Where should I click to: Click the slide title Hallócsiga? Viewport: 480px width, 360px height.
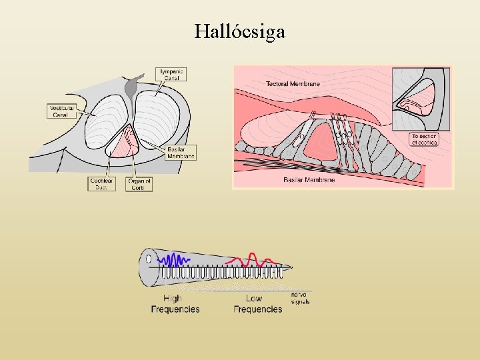(x=240, y=31)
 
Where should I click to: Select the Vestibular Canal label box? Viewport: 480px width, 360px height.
(x=62, y=111)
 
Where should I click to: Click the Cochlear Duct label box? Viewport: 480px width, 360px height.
(x=101, y=184)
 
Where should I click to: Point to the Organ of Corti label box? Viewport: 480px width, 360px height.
(x=139, y=184)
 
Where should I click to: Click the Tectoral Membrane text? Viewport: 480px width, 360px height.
(x=293, y=84)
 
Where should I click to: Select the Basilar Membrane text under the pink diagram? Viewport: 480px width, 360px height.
(x=309, y=180)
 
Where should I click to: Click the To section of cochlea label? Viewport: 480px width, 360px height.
(x=425, y=139)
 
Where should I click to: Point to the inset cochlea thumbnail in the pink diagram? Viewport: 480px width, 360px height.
(x=421, y=98)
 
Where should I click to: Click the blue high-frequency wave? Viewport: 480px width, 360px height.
(x=174, y=259)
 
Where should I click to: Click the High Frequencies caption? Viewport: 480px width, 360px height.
(x=175, y=304)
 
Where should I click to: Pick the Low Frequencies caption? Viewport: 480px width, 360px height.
(x=257, y=304)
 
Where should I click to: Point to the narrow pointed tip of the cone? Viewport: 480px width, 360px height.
(x=291, y=267)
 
